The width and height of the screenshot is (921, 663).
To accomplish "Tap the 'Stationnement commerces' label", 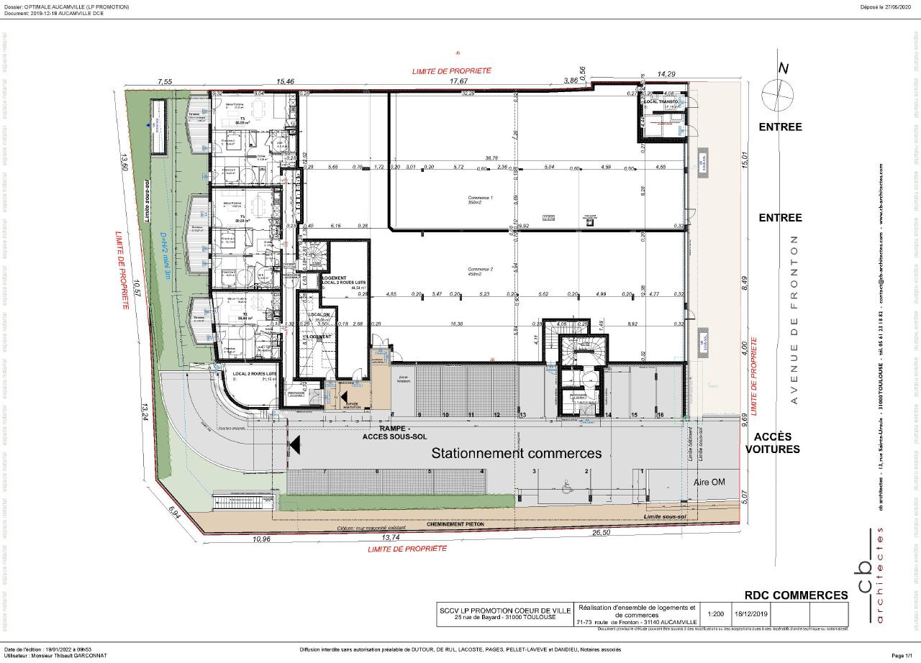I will coord(516,453).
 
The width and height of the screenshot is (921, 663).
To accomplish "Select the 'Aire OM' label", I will coord(709,483).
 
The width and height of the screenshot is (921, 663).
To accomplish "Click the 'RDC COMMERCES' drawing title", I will coord(796,595).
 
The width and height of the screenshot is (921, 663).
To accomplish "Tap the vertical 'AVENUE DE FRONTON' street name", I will coord(794,319).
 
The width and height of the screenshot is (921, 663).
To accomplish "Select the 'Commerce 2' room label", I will coord(481,271).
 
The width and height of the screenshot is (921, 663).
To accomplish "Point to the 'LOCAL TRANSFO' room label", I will coord(661,103).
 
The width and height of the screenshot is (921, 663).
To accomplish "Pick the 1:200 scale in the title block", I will coord(715,614).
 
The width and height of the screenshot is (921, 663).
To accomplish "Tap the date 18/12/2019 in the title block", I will coord(751,614).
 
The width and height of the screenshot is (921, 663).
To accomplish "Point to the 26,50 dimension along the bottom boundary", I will coord(601,533).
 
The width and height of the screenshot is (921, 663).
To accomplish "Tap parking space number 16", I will coord(659,415).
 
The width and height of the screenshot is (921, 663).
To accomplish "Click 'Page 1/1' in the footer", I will coord(899,655).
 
